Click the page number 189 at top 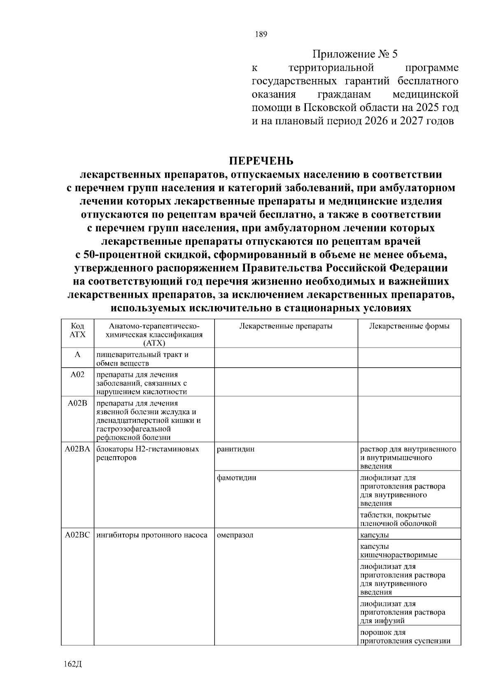point(261,35)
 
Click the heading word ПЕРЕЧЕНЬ point(261,160)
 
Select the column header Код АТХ point(77,330)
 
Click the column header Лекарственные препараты point(286,326)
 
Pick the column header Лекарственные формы point(409,326)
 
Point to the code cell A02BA point(77,449)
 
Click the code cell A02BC point(77,535)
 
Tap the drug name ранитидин point(235,449)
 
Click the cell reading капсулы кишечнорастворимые point(398,551)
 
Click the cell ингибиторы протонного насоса point(151,535)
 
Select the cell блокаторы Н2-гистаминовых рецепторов point(147,453)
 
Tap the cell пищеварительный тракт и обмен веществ point(142,359)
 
